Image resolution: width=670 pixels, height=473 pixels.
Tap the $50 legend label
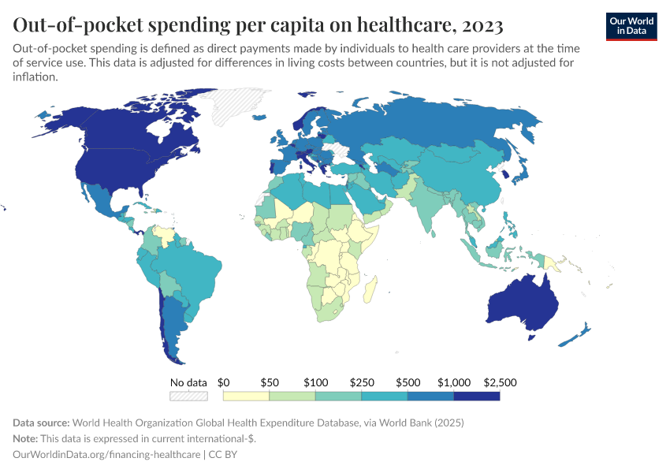(x=270, y=382)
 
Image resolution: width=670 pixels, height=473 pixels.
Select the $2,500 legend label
(x=499, y=382)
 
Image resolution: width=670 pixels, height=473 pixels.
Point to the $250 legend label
(x=362, y=382)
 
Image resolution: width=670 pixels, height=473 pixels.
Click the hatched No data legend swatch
(x=189, y=397)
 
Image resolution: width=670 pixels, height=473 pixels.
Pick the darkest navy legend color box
(x=477, y=397)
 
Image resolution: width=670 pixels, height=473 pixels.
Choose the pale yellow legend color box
(x=246, y=397)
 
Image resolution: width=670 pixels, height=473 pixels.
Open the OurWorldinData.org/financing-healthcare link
(x=106, y=455)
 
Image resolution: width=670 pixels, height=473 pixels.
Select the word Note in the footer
(x=26, y=439)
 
